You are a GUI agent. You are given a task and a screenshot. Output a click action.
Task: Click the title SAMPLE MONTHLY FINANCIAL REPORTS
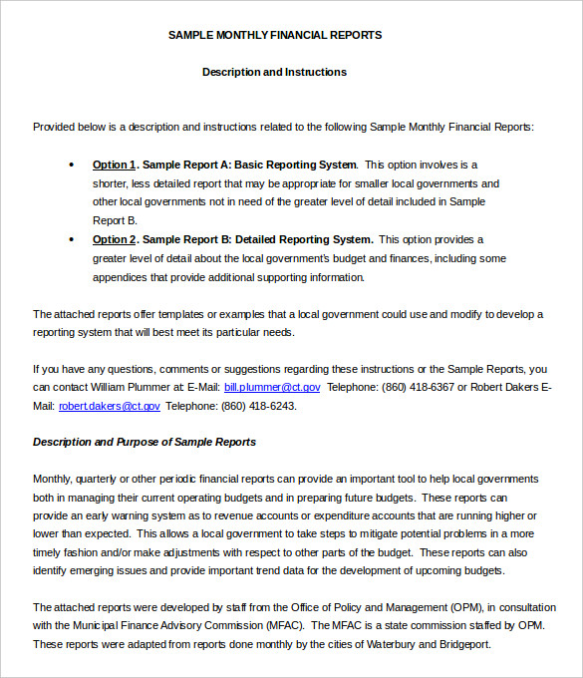tap(274, 35)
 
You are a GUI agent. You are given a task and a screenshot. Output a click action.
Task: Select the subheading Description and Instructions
tap(274, 72)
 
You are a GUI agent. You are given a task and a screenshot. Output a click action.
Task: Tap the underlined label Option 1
tap(115, 165)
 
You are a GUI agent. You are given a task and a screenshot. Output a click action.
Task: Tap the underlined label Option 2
tap(115, 239)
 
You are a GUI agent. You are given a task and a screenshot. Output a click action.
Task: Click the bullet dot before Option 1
tap(71, 165)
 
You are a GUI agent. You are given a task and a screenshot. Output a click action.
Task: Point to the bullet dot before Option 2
tap(71, 239)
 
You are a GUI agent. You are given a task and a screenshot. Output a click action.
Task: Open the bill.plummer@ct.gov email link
tap(272, 387)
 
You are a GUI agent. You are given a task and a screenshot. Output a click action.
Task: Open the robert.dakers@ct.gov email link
tap(110, 406)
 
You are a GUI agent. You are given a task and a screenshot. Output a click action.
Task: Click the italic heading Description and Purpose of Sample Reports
tap(145, 442)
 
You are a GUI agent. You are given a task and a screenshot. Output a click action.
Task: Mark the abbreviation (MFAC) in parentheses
tap(284, 625)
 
